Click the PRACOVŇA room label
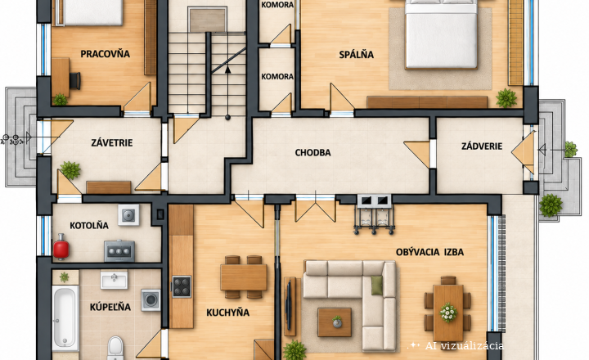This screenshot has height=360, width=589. pyautogui.click(x=106, y=54)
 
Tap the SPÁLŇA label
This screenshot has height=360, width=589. pyautogui.click(x=356, y=55)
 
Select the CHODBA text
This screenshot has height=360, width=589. pyautogui.click(x=312, y=152)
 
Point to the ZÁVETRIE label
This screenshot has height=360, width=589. pyautogui.click(x=112, y=143)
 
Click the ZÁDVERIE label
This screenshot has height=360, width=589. pyautogui.click(x=482, y=146)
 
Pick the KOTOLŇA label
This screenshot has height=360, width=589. pyautogui.click(x=89, y=226)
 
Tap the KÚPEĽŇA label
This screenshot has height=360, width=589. pyautogui.click(x=110, y=307)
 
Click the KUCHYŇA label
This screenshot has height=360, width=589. pyautogui.click(x=227, y=313)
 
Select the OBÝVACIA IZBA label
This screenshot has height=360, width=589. pyautogui.click(x=429, y=252)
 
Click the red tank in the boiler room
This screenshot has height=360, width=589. pyautogui.click(x=61, y=246)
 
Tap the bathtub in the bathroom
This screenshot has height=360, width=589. pyautogui.click(x=65, y=317)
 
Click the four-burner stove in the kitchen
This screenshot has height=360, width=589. pyautogui.click(x=182, y=286)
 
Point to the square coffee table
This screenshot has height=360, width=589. pyautogui.click(x=335, y=322)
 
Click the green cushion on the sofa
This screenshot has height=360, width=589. pyautogui.click(x=377, y=285)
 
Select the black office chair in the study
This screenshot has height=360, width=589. pyautogui.click(x=75, y=80)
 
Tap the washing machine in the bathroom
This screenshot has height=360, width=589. pyautogui.click(x=151, y=300)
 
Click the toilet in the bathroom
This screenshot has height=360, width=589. pyautogui.click(x=115, y=347)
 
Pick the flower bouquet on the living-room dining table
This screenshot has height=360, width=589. pyautogui.click(x=448, y=313)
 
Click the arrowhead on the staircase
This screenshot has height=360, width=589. pyautogui.click(x=227, y=70)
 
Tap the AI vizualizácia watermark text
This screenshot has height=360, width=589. pyautogui.click(x=464, y=346)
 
